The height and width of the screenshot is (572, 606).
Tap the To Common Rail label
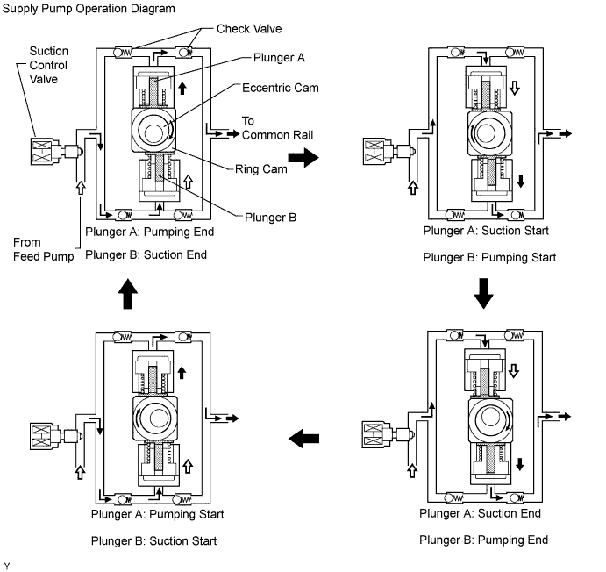point(271,128)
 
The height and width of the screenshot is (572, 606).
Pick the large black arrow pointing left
point(304,436)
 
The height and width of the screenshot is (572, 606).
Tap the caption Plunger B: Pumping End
point(484,539)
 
